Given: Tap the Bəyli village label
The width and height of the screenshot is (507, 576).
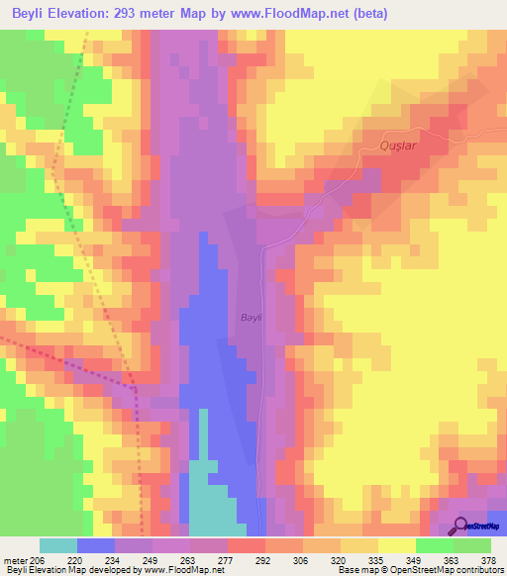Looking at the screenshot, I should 251,317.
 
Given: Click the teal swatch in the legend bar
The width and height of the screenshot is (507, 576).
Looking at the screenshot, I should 58,545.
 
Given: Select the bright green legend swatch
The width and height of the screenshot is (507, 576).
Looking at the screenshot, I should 435,545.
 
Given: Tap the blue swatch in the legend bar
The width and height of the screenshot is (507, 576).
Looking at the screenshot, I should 96,545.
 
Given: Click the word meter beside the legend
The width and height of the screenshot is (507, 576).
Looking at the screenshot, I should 18,559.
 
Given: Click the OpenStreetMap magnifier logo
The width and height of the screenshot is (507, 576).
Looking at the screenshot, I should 460,526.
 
